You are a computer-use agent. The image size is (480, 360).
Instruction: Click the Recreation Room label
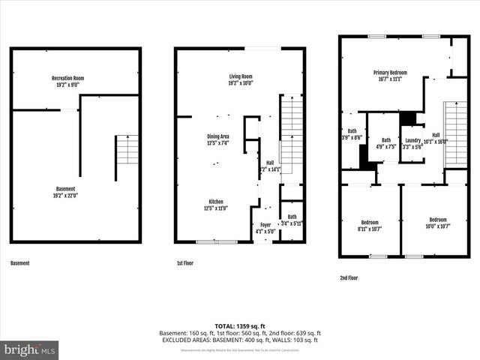(67, 81)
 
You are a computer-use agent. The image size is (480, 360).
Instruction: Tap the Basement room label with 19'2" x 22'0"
(66, 192)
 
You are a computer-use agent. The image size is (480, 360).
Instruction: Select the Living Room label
(241, 79)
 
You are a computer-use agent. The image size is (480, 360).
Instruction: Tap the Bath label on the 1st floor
(292, 220)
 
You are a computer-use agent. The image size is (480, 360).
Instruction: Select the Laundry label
(412, 143)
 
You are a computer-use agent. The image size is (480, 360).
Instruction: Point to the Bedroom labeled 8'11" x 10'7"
(369, 225)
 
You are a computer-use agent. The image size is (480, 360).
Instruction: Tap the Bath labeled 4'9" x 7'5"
(385, 143)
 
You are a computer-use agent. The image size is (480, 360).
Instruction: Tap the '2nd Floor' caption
(349, 277)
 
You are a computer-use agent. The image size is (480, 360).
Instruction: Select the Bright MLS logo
(30, 349)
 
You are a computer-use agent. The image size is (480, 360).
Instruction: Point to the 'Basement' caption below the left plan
(21, 264)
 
